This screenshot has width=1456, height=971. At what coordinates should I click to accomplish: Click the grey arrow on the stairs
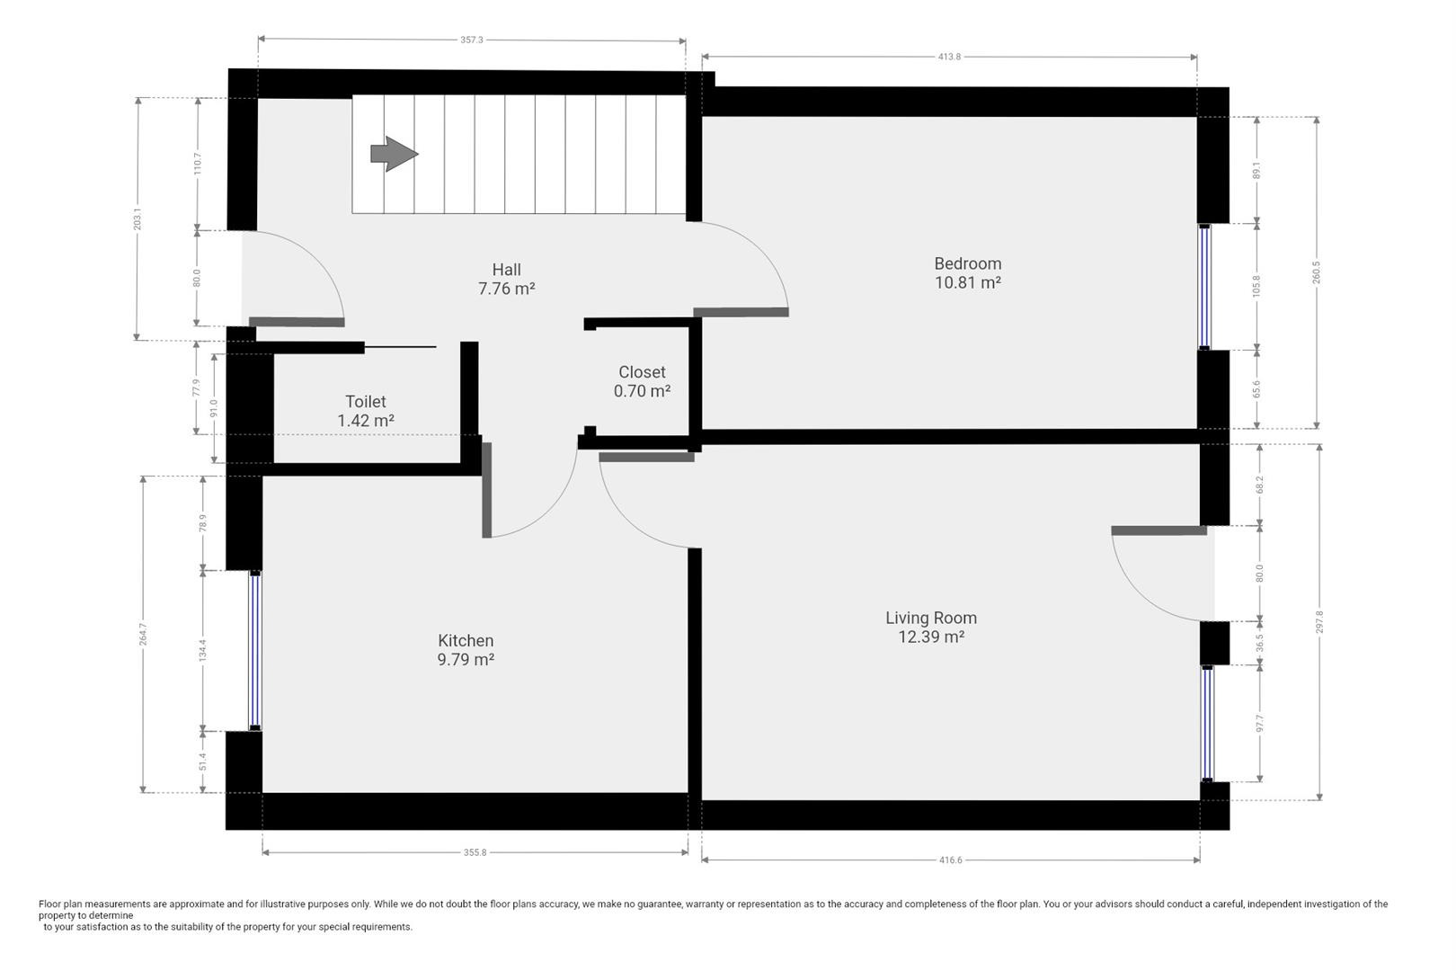(x=394, y=154)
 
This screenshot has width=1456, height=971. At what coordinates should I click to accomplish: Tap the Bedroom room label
(x=967, y=263)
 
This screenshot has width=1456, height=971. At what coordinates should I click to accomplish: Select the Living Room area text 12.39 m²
(x=931, y=637)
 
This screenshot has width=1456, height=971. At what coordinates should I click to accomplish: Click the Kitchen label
(x=466, y=640)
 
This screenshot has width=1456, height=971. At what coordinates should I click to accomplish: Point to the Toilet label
(x=365, y=402)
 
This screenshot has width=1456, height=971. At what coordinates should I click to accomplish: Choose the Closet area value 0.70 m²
(x=642, y=391)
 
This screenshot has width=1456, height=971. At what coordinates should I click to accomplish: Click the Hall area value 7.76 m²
(x=507, y=289)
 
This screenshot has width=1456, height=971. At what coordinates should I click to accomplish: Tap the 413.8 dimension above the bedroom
(x=949, y=57)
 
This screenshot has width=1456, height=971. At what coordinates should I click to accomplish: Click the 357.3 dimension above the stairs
(x=472, y=40)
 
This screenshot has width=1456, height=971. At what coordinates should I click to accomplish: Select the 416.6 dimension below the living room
(x=950, y=860)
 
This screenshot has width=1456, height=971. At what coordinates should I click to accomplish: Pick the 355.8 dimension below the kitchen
(x=475, y=852)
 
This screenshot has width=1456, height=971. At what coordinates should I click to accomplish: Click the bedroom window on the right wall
(x=1204, y=286)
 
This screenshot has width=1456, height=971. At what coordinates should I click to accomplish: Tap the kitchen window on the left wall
(x=255, y=650)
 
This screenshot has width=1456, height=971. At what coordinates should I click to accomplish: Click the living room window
(x=1207, y=723)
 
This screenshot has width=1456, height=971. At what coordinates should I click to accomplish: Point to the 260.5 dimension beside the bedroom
(x=1317, y=272)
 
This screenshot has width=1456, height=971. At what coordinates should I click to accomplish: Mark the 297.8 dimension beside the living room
(x=1318, y=621)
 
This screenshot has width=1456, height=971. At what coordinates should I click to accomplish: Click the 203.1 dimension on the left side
(x=138, y=218)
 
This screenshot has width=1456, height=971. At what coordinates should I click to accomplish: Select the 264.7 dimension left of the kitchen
(x=143, y=634)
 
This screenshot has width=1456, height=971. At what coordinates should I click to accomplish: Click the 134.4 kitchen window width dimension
(x=203, y=650)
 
